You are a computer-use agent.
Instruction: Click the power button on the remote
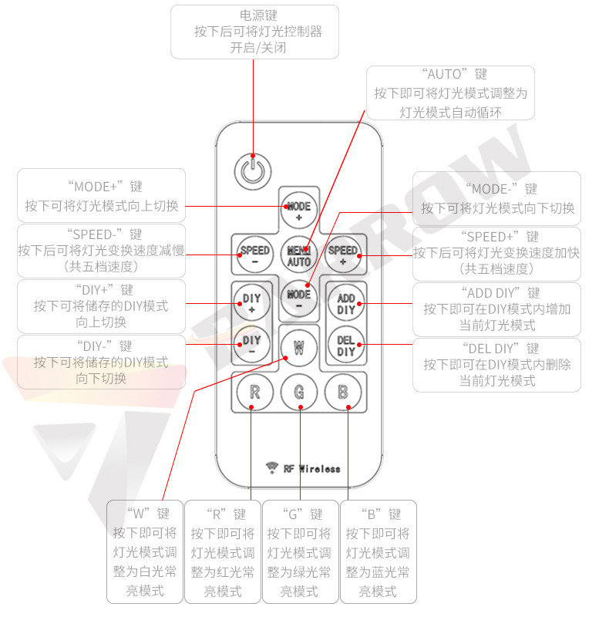(x=254, y=170)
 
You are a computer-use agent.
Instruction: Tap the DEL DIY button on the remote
(x=346, y=346)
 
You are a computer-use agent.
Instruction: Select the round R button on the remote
(x=254, y=393)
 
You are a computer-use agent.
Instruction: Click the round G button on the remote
(x=299, y=393)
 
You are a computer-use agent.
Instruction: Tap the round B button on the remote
(x=344, y=393)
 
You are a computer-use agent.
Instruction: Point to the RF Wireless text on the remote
(x=311, y=468)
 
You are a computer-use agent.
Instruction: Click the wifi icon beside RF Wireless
(x=271, y=467)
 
